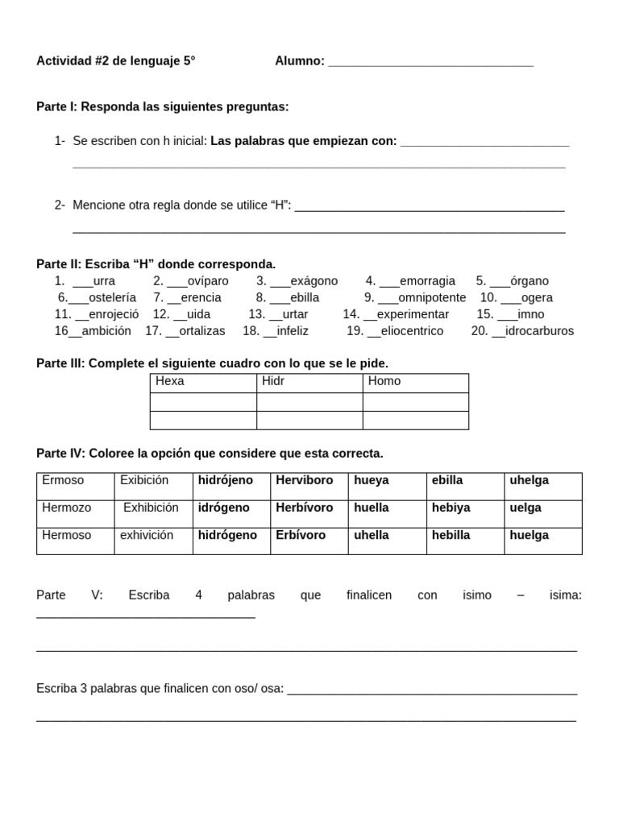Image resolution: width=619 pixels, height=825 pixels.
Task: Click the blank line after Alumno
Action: point(430,62)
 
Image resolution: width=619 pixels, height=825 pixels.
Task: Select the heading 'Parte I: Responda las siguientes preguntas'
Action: point(162,107)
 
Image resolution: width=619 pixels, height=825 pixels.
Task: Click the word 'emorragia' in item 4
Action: point(427,281)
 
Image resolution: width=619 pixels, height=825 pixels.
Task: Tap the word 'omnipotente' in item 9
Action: point(432,298)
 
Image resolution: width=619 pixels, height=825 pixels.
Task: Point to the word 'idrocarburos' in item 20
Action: point(539,331)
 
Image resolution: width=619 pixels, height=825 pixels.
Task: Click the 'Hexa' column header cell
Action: point(203,382)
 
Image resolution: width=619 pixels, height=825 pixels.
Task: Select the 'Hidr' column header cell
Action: point(309,382)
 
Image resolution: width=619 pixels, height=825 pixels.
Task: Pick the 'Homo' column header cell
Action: point(415,382)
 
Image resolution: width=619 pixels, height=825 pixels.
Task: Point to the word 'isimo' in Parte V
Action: point(477,595)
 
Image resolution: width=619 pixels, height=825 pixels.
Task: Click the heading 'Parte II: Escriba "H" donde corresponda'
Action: point(156,264)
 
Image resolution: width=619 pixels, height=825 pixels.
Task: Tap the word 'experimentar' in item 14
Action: point(413,314)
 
